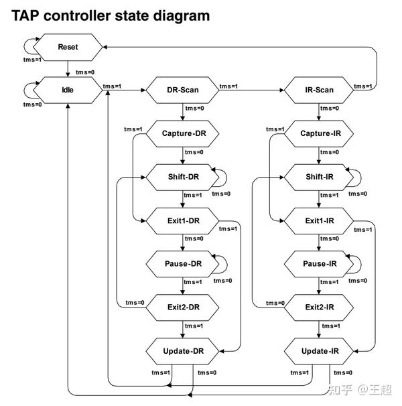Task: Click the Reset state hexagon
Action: coord(68,47)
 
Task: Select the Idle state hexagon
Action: coord(68,90)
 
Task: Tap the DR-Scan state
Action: coord(183,90)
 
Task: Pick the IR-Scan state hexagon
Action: coord(319,90)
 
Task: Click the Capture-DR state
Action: coord(183,133)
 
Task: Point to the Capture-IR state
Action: coord(319,133)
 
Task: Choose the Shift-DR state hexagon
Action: coord(183,178)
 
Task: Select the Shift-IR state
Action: coord(319,178)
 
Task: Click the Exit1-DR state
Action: coord(183,221)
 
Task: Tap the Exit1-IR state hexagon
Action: coord(319,221)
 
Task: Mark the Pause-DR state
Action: coord(183,264)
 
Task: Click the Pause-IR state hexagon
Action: coord(319,264)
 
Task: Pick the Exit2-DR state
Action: coord(183,308)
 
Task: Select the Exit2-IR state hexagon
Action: coord(319,308)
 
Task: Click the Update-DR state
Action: coord(183,351)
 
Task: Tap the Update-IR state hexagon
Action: coord(319,351)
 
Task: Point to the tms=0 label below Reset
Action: coord(85,72)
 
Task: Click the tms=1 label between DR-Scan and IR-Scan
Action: coord(228,86)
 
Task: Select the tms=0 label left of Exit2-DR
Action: coord(135,303)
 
